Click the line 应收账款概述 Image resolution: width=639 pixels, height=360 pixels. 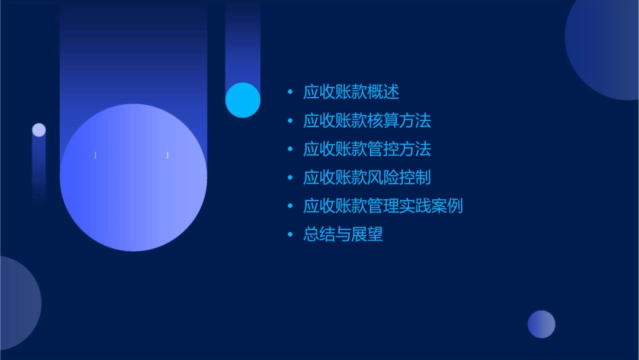pyautogui.click(x=351, y=92)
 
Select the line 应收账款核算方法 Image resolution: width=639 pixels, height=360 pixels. pyautogui.click(x=367, y=121)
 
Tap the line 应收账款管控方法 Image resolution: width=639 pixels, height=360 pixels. pyautogui.click(x=367, y=149)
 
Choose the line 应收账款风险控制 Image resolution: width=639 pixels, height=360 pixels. pyautogui.click(x=367, y=178)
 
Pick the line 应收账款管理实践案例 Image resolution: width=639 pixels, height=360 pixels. pyautogui.click(x=383, y=206)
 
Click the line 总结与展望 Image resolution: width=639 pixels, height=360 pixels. pyautogui.click(x=343, y=235)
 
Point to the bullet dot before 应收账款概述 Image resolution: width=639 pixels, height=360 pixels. pyautogui.click(x=290, y=92)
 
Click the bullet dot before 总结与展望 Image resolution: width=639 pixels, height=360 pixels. pyautogui.click(x=290, y=235)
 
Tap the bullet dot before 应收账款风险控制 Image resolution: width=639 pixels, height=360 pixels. pyautogui.click(x=290, y=178)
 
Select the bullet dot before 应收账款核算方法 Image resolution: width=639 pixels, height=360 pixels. pyautogui.click(x=290, y=121)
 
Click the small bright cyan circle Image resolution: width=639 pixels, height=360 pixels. pyautogui.click(x=243, y=100)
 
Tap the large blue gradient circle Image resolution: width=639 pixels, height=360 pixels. pyautogui.click(x=133, y=178)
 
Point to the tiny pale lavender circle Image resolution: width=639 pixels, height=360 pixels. pyautogui.click(x=39, y=130)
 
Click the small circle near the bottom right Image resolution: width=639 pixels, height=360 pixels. pyautogui.click(x=541, y=324)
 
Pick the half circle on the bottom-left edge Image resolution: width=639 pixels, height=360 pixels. pyautogui.click(x=17, y=303)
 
